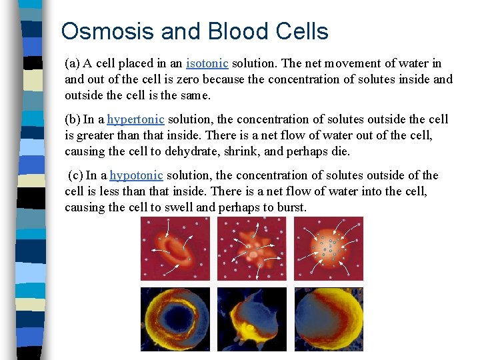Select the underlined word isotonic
(x=207, y=63)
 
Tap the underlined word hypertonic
(x=135, y=119)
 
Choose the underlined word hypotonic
(x=136, y=175)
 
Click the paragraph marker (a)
(x=72, y=63)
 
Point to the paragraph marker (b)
(x=72, y=119)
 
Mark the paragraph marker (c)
(x=75, y=175)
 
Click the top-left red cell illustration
(x=175, y=249)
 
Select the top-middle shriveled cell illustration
(x=251, y=249)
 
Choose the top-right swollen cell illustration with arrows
(x=329, y=249)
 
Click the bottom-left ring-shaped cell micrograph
(x=175, y=319)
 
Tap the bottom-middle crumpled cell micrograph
(x=251, y=319)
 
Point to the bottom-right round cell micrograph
(x=329, y=319)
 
